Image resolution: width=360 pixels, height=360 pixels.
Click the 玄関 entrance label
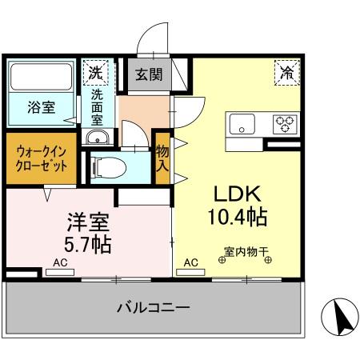coord(148,78)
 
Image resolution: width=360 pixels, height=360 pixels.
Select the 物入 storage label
coord(162,158)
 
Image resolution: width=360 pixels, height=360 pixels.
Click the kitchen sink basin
coord(242,123)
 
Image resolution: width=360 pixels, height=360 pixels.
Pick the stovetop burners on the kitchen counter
coord(284,123)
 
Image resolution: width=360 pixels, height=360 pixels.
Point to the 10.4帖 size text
coord(235,216)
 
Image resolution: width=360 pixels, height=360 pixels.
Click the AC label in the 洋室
coord(60,262)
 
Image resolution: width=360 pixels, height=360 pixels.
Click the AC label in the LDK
coord(191,262)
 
